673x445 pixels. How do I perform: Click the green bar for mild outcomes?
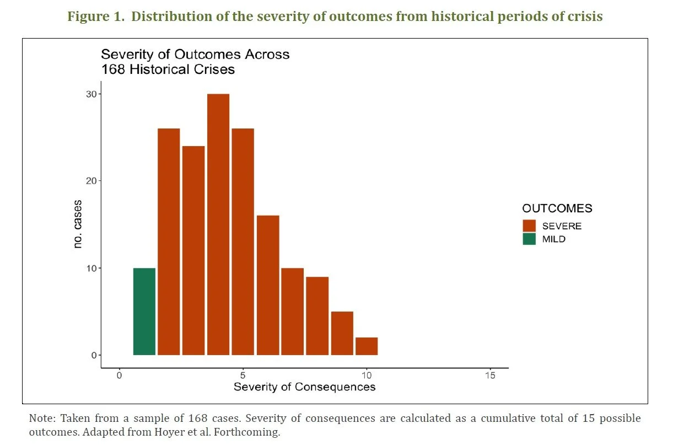(144, 312)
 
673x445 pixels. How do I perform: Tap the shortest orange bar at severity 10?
(367, 346)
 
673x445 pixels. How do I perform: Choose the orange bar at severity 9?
(342, 333)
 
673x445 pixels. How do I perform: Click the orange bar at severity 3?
(193, 250)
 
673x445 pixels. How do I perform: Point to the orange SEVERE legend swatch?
(529, 226)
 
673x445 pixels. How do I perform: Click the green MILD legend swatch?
(529, 239)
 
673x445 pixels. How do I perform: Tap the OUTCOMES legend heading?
(557, 208)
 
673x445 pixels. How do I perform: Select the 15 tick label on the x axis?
(490, 376)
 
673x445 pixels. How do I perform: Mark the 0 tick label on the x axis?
(120, 376)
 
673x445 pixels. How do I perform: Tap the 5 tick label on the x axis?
(243, 376)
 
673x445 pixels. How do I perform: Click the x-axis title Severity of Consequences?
(304, 387)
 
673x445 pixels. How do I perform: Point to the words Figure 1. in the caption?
(96, 17)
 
